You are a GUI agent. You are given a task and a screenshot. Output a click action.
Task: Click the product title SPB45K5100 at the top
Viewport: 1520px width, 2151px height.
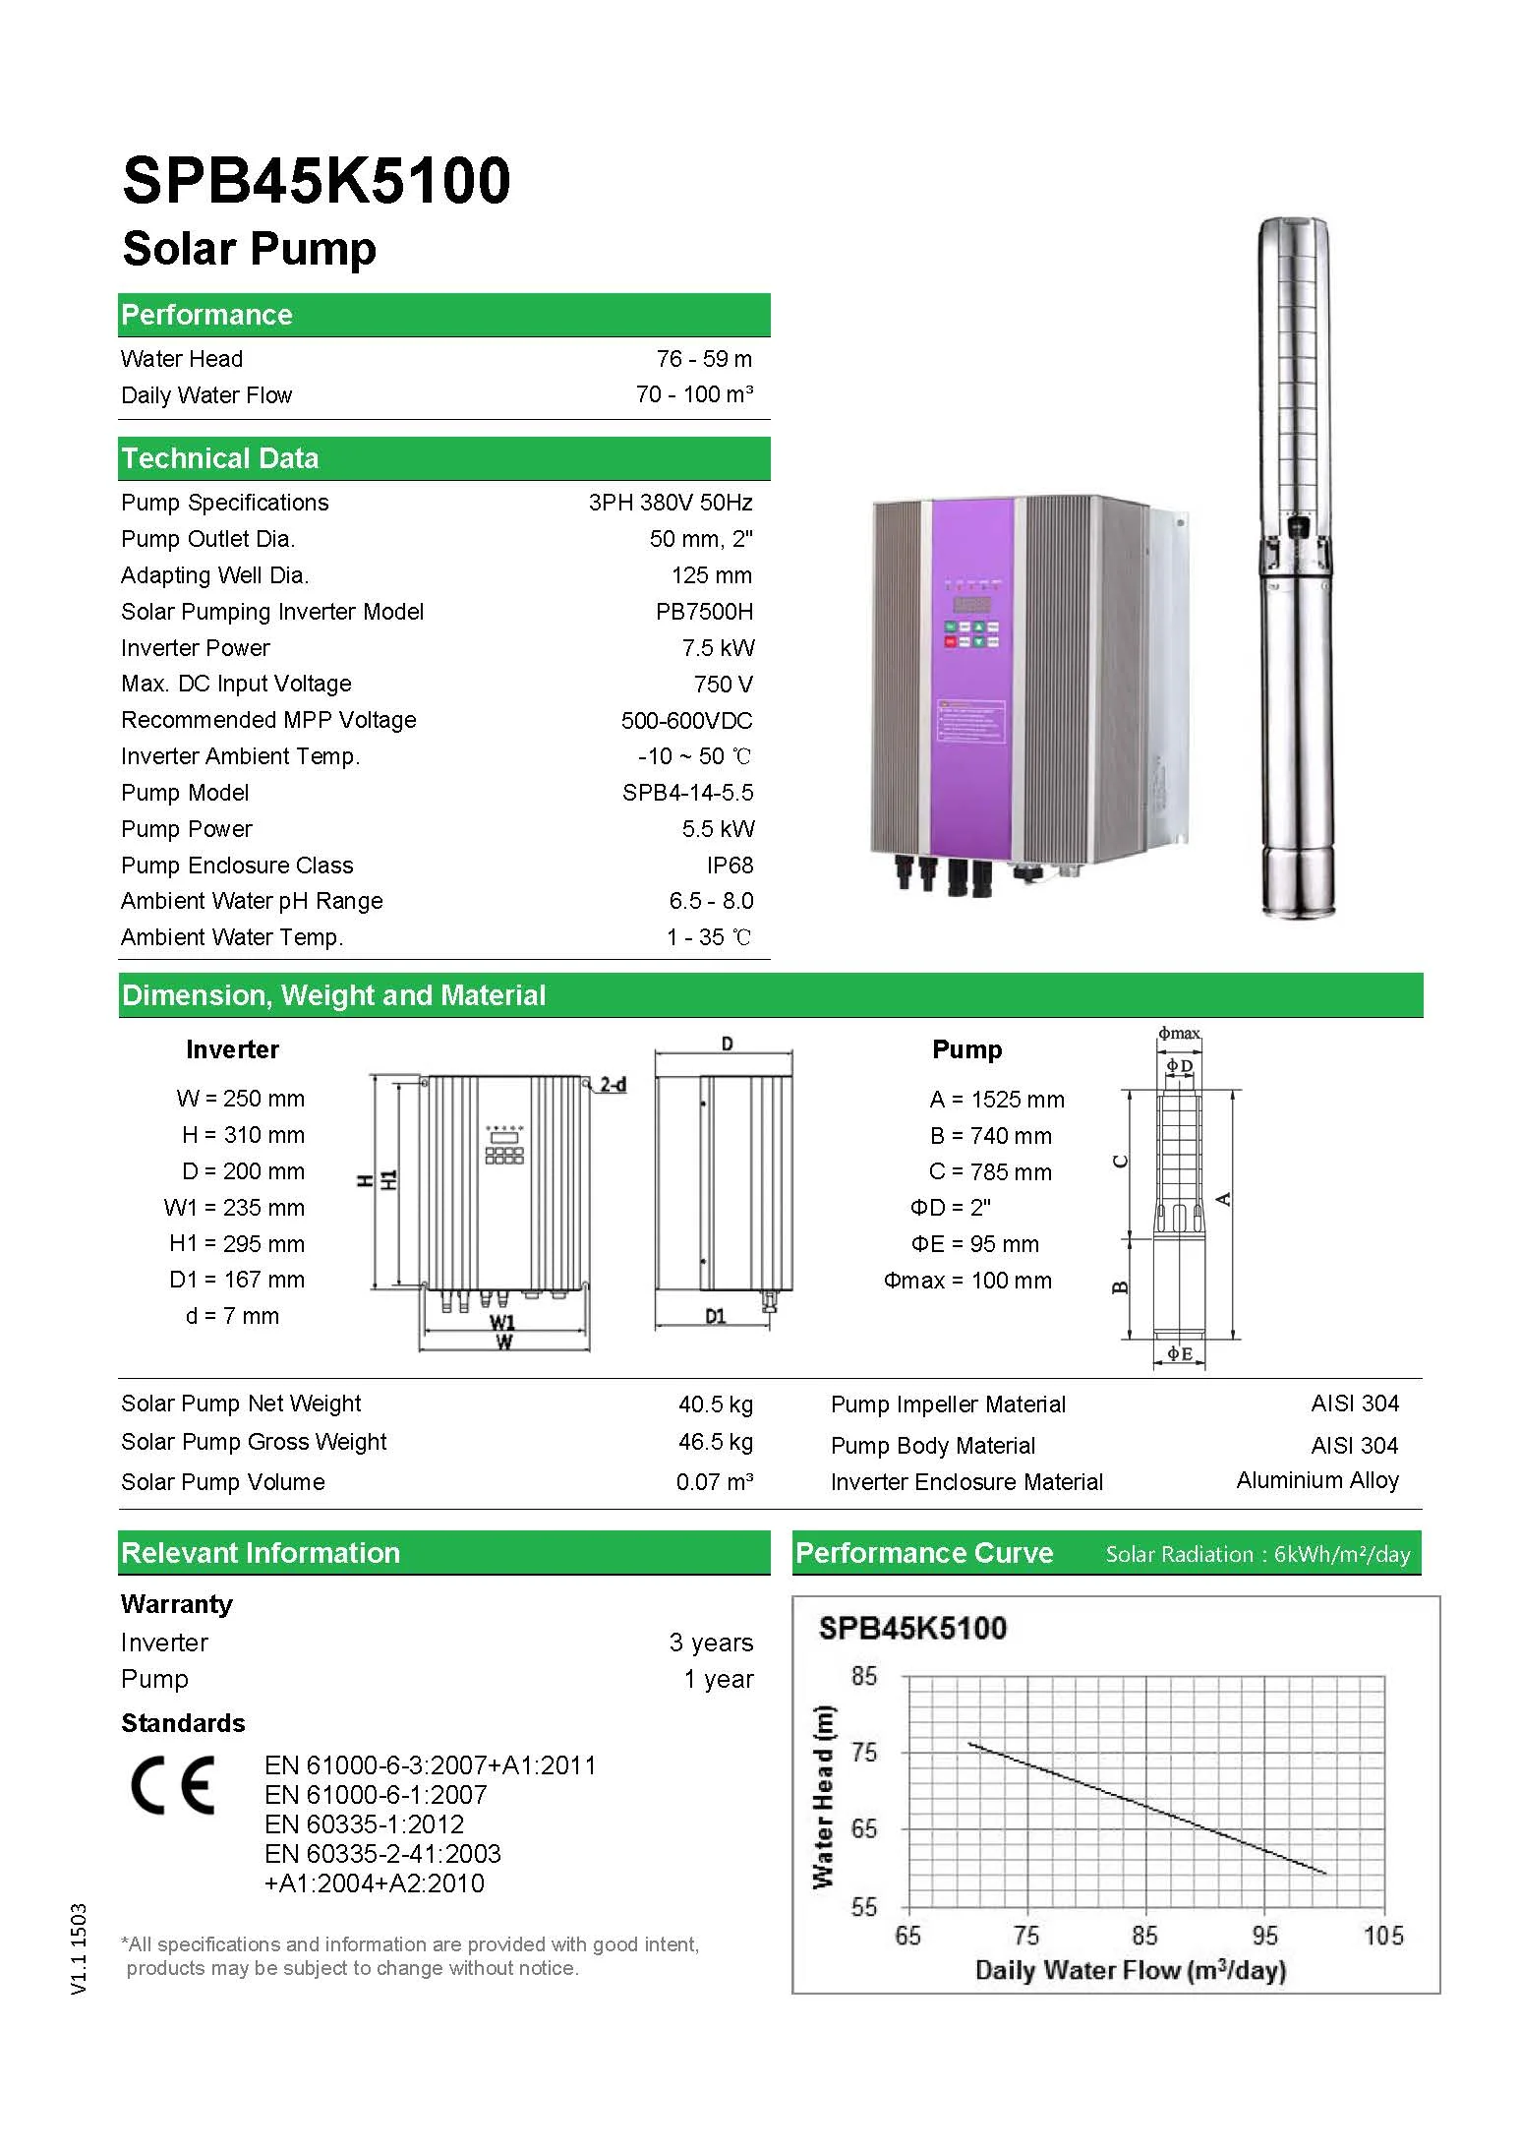coord(316,181)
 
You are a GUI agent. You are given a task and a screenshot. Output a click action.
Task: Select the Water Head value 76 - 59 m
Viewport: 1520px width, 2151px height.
coord(704,359)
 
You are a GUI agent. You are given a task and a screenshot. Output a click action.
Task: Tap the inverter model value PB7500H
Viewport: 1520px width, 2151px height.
coord(704,612)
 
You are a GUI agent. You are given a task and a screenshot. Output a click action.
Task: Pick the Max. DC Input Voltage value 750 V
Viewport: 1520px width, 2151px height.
coord(723,685)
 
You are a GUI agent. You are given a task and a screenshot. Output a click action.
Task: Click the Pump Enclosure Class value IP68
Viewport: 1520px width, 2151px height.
coord(730,866)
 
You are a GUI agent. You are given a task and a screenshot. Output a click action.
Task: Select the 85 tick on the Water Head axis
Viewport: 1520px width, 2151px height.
coord(863,1676)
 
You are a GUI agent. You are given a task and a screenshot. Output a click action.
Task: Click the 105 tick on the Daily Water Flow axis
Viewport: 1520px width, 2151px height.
coord(1383,1936)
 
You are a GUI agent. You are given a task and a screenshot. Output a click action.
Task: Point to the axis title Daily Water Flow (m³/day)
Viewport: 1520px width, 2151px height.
coord(1131,1970)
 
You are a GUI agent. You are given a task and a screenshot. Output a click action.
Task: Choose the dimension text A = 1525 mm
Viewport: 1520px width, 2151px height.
coord(997,1100)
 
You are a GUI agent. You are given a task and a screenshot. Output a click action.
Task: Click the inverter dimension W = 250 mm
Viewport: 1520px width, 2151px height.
coord(241,1099)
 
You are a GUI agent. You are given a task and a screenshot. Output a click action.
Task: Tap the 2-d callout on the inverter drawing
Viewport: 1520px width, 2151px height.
coord(614,1085)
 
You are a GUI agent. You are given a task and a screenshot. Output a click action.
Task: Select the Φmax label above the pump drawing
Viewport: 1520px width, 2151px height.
coord(1179,1034)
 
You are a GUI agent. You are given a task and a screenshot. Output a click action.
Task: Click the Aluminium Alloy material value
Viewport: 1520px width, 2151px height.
coord(1317,1480)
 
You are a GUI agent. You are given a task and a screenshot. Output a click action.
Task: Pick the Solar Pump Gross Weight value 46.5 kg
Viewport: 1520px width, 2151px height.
coord(716,1442)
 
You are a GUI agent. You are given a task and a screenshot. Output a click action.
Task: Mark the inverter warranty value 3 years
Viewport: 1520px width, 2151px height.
coord(711,1643)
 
